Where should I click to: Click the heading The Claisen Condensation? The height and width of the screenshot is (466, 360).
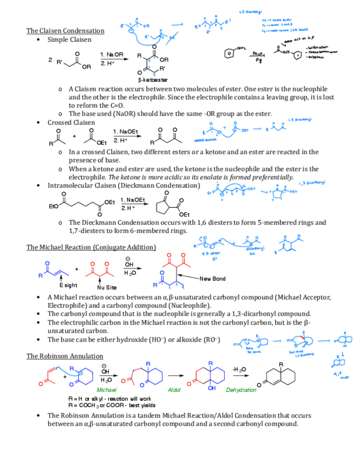65,30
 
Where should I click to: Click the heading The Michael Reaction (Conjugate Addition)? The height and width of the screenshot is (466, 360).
91,247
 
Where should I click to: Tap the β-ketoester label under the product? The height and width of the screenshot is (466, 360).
153,80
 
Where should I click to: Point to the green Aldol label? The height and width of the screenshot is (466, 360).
174,390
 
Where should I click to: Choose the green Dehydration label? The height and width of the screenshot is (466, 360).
241,390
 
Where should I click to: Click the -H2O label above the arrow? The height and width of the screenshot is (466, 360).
239,368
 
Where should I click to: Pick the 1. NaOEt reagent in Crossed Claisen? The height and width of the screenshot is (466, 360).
125,131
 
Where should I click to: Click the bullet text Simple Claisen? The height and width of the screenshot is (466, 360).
69,40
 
